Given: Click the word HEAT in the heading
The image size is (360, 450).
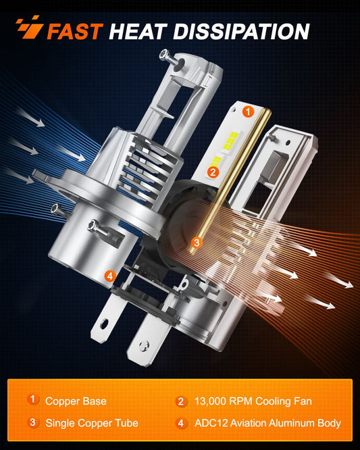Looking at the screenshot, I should click(x=138, y=30).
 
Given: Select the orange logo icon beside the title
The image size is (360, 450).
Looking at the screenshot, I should click(x=28, y=30).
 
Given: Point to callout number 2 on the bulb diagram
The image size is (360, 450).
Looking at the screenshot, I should click(x=213, y=172).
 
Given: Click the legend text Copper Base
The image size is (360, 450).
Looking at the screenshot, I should click(x=76, y=401).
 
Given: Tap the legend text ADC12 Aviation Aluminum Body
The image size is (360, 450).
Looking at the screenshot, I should click(x=267, y=423).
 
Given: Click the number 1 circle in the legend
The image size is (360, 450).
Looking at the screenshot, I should click(x=33, y=400).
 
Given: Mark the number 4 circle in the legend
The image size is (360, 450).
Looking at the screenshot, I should click(x=180, y=423).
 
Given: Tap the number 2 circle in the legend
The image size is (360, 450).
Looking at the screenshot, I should click(x=180, y=401).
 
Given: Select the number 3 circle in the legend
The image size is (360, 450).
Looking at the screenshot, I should click(x=33, y=423).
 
